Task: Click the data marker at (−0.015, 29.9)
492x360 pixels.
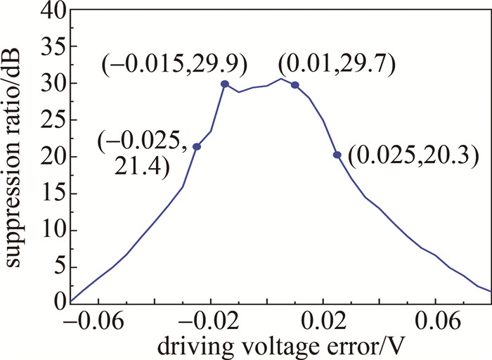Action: (x=225, y=84)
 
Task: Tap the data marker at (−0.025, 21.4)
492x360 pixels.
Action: (x=197, y=146)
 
